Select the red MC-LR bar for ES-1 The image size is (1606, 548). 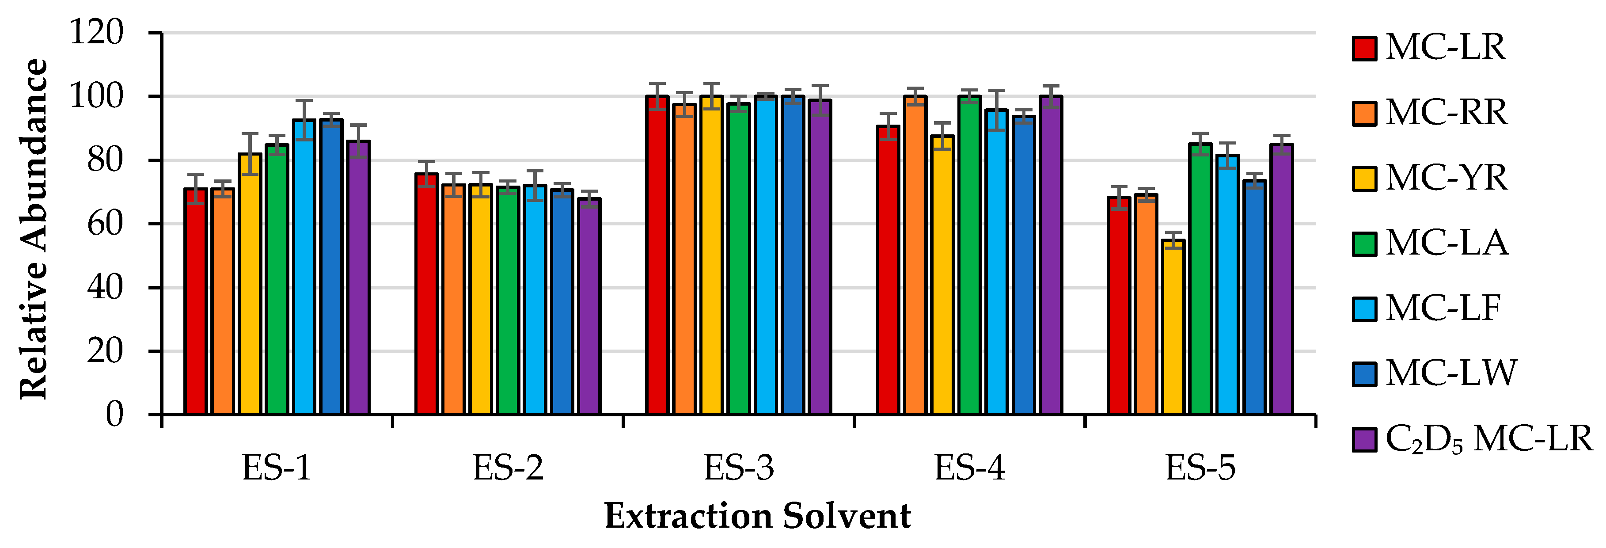tap(195, 302)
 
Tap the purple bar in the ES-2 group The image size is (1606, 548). tap(589, 307)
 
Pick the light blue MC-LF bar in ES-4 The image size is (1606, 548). tap(996, 262)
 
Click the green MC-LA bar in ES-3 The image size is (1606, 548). tap(739, 259)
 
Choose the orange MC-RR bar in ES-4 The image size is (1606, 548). tap(915, 255)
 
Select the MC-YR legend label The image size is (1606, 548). tap(1446, 178)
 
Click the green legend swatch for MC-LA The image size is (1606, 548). tap(1364, 243)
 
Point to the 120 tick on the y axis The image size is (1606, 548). tap(97, 32)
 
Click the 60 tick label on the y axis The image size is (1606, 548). tap(105, 223)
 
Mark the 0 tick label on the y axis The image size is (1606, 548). tap(114, 415)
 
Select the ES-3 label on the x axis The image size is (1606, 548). tap(739, 468)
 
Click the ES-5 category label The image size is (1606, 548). tap(1200, 468)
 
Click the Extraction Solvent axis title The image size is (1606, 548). tap(757, 516)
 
